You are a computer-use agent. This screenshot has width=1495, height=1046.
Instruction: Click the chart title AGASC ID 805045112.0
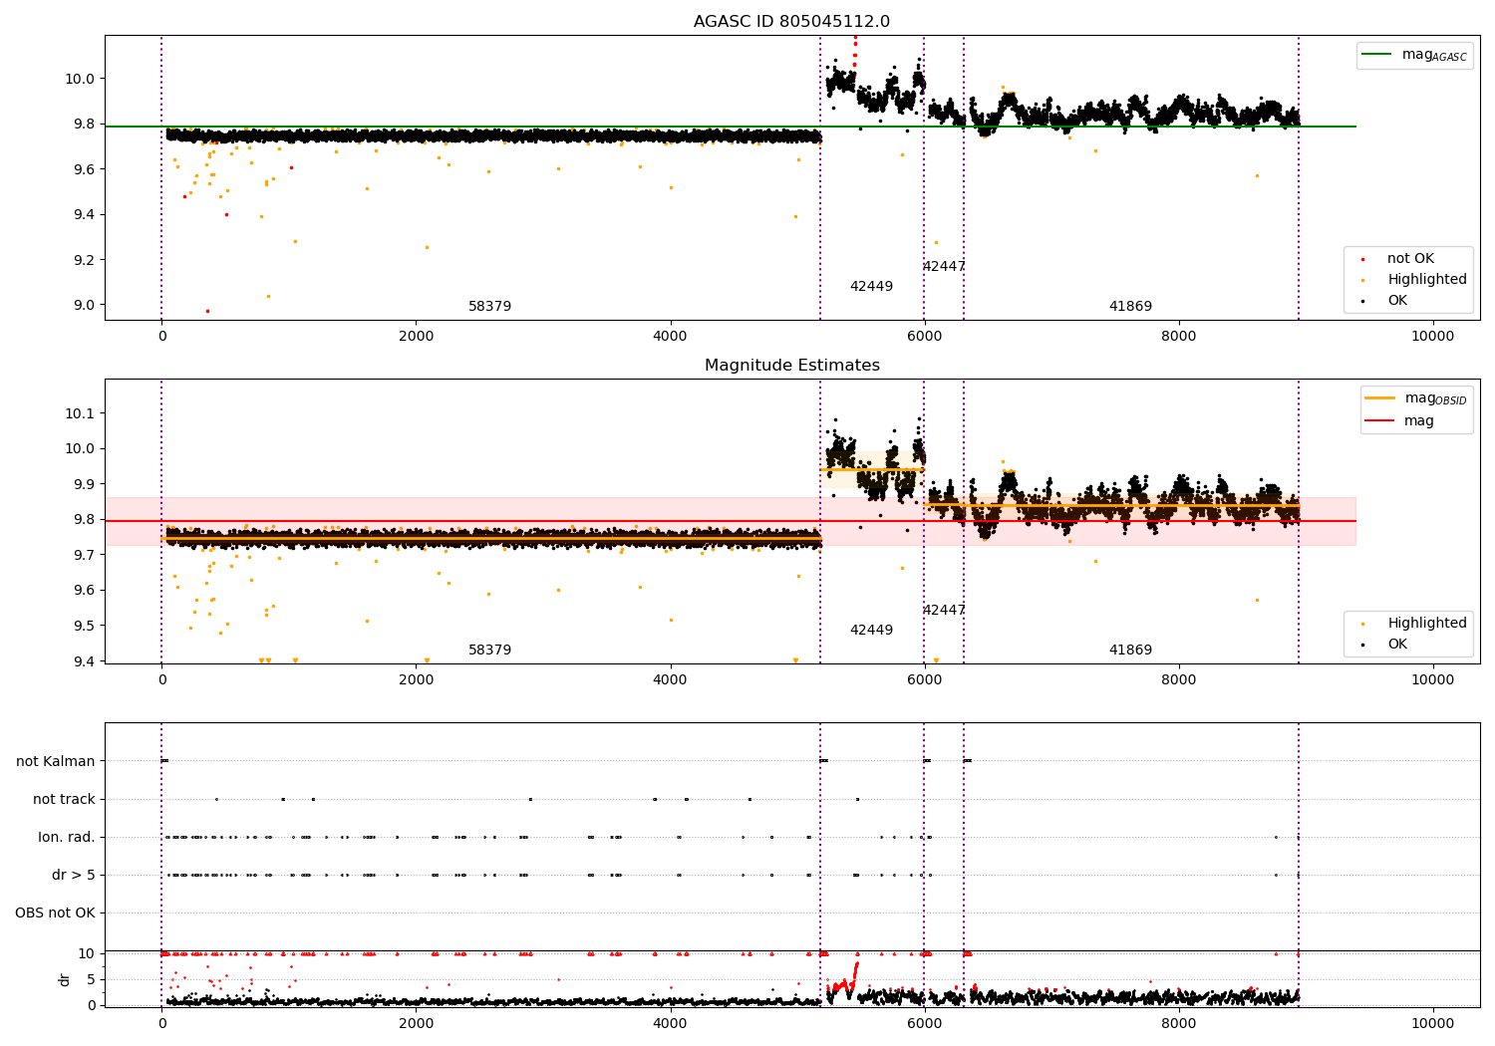coord(791,21)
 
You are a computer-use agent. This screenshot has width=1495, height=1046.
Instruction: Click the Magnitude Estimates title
coord(792,365)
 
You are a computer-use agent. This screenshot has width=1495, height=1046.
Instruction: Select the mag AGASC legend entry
coord(1414,55)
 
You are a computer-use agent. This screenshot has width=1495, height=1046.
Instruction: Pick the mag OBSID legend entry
coord(1415,398)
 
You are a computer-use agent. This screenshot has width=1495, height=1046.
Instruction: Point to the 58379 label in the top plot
coord(489,306)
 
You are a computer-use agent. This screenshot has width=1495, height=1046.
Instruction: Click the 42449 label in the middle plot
coord(871,630)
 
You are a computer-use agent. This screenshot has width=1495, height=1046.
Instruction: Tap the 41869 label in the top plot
coord(1130,306)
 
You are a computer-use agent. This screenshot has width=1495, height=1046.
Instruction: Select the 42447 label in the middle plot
coord(944,610)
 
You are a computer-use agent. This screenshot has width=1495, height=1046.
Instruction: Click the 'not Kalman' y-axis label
coord(56,761)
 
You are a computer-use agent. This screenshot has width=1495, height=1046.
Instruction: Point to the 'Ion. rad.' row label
coord(66,837)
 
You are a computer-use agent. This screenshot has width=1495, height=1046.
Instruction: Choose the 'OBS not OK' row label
coord(55,913)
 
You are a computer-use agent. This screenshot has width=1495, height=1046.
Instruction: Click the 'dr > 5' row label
coord(74,875)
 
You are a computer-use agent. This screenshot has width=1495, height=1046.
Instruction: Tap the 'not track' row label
coord(64,799)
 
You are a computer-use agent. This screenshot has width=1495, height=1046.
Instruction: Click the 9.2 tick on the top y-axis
coord(84,259)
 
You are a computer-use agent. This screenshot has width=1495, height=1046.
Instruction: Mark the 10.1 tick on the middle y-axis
coord(80,413)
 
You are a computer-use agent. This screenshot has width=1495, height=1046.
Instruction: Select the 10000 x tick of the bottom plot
coord(1432,1024)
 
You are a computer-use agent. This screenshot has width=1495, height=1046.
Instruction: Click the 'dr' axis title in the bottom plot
coord(64,979)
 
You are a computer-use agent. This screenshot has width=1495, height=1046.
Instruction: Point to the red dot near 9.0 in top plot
coord(207,312)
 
